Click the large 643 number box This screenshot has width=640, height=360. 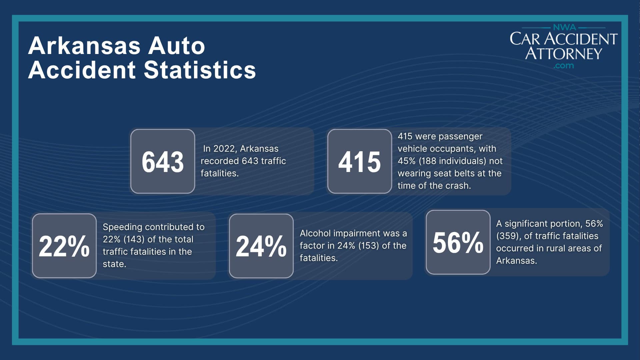163,162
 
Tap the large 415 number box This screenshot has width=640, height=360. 359,162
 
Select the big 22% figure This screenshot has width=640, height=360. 64,246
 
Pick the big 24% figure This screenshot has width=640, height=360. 261,246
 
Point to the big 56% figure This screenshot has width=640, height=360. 458,242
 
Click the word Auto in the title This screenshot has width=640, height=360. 176,46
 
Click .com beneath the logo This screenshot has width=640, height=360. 563,66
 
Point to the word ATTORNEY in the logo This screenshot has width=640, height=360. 563,53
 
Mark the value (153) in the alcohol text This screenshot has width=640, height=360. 369,246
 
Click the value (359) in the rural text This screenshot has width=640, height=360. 508,236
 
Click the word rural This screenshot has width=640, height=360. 551,248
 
